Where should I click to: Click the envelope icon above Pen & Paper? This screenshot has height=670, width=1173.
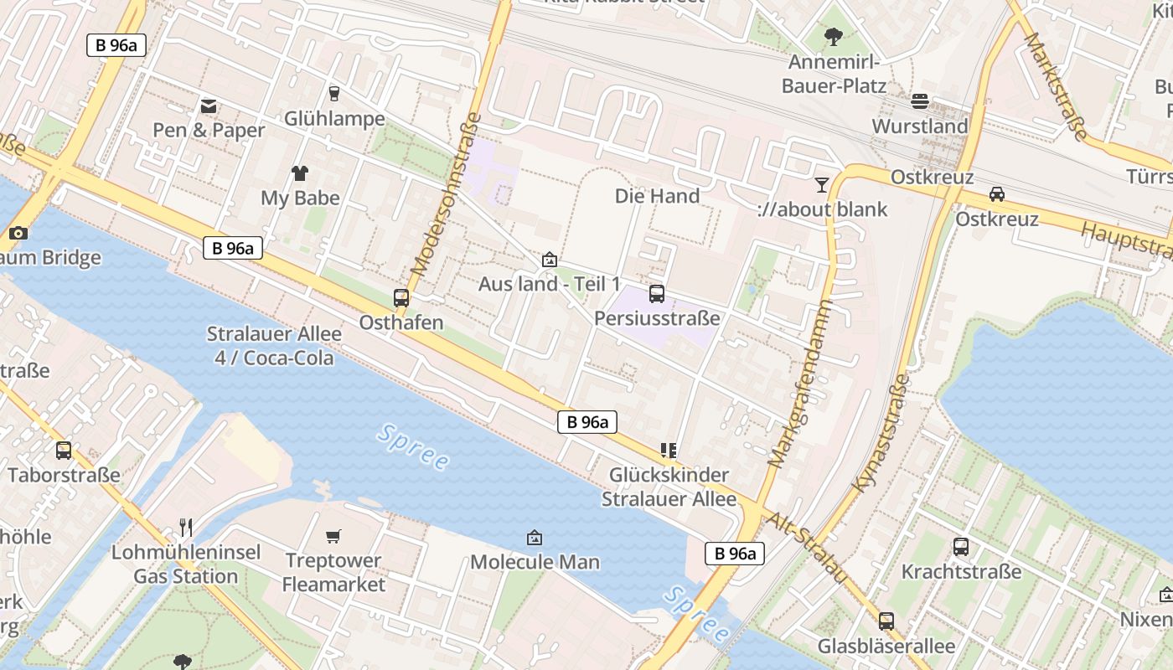(x=209, y=106)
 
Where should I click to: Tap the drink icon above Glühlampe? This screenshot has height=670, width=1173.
(x=334, y=93)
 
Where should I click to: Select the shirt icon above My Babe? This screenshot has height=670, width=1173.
(x=300, y=173)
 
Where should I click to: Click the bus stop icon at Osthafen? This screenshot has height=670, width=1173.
(x=401, y=297)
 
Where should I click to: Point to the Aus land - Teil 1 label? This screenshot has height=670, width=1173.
(x=550, y=284)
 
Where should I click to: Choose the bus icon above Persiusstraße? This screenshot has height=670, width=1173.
(x=657, y=294)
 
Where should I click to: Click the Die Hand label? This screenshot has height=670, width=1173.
(x=657, y=196)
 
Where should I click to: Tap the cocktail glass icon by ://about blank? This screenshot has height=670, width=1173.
(x=821, y=184)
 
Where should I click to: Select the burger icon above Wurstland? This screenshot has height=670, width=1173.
(x=920, y=101)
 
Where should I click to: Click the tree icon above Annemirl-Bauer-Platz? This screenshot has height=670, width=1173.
(x=833, y=37)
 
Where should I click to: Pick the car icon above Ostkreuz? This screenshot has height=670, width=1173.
(x=997, y=194)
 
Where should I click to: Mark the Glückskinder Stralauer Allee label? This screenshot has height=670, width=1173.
(x=669, y=487)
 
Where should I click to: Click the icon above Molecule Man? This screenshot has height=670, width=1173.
(x=535, y=537)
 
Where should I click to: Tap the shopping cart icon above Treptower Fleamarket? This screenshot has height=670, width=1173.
(x=333, y=536)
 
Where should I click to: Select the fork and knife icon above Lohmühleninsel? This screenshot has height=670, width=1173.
(x=186, y=528)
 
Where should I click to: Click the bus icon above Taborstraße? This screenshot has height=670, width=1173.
(x=64, y=451)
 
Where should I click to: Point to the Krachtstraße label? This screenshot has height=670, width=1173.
(x=961, y=572)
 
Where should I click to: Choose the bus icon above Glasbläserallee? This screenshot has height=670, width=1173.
(x=886, y=621)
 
